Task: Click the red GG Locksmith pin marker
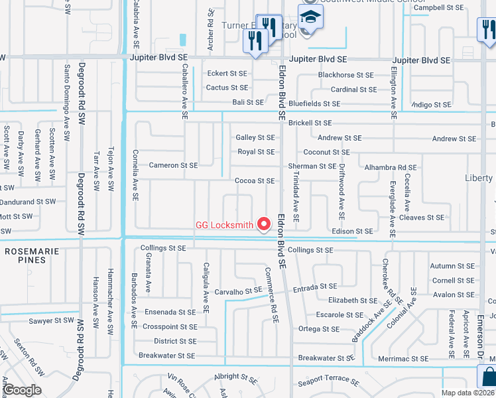[x=265, y=224]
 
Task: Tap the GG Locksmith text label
[x=224, y=225]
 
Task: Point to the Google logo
[x=22, y=390]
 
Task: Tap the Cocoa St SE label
[x=255, y=180]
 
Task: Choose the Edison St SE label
[x=352, y=232]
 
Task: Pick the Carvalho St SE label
[x=239, y=291]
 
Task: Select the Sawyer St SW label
[x=50, y=320]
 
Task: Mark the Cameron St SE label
[x=173, y=165]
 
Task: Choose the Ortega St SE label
[x=319, y=329]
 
